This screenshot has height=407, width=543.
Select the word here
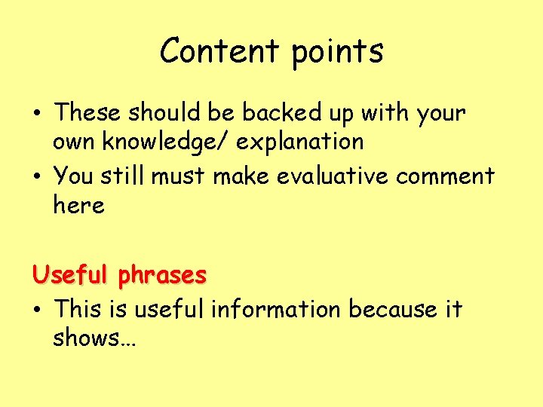(78, 205)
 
